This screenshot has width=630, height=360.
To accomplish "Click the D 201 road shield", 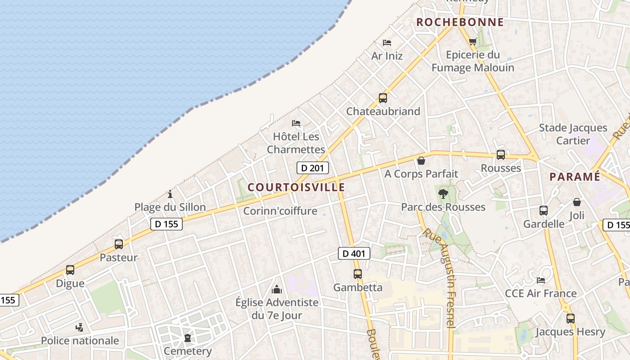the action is (313, 168).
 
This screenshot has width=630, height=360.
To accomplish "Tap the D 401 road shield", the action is (354, 253).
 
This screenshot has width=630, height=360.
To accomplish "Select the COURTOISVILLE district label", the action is (296, 187).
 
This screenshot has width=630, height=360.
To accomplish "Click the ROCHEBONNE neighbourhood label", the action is (460, 22).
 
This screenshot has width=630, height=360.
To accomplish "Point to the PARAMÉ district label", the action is (575, 177).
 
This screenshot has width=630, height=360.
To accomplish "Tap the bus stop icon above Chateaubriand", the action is (382, 98).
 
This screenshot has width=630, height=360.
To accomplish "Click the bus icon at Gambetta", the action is (358, 274).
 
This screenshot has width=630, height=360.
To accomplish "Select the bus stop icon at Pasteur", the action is (119, 244).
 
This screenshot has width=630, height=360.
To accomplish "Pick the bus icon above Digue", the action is (70, 270).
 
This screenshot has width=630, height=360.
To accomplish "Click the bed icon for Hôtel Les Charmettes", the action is (296, 123).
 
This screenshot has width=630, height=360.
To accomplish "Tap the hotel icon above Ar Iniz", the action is (387, 43).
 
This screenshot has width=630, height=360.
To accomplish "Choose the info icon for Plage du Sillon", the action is (170, 194).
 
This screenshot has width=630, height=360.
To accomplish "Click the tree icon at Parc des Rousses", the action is (443, 194).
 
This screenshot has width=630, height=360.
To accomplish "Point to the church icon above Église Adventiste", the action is (277, 289).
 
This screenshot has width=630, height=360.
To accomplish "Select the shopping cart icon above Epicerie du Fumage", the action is (472, 42).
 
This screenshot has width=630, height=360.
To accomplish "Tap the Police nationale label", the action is (80, 341).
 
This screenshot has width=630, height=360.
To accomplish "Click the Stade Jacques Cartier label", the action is (573, 134).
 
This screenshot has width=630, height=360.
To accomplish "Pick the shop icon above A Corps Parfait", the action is (421, 161).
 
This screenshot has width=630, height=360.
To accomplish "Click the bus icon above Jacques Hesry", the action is (571, 319).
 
